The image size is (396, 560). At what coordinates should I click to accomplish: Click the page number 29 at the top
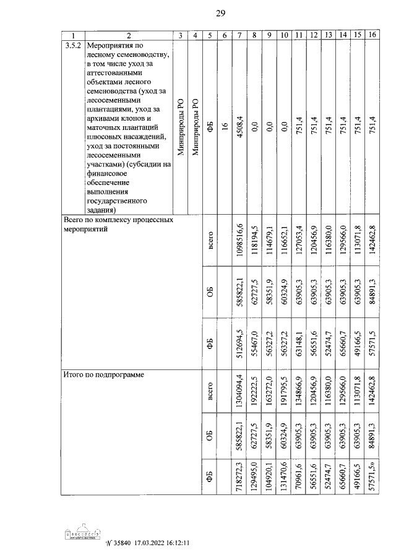click(x=220, y=14)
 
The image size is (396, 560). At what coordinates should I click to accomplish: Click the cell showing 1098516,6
click(x=239, y=238)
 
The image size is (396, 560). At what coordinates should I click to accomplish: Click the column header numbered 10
click(x=284, y=35)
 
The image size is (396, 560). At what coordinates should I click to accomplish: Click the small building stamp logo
click(x=84, y=534)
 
